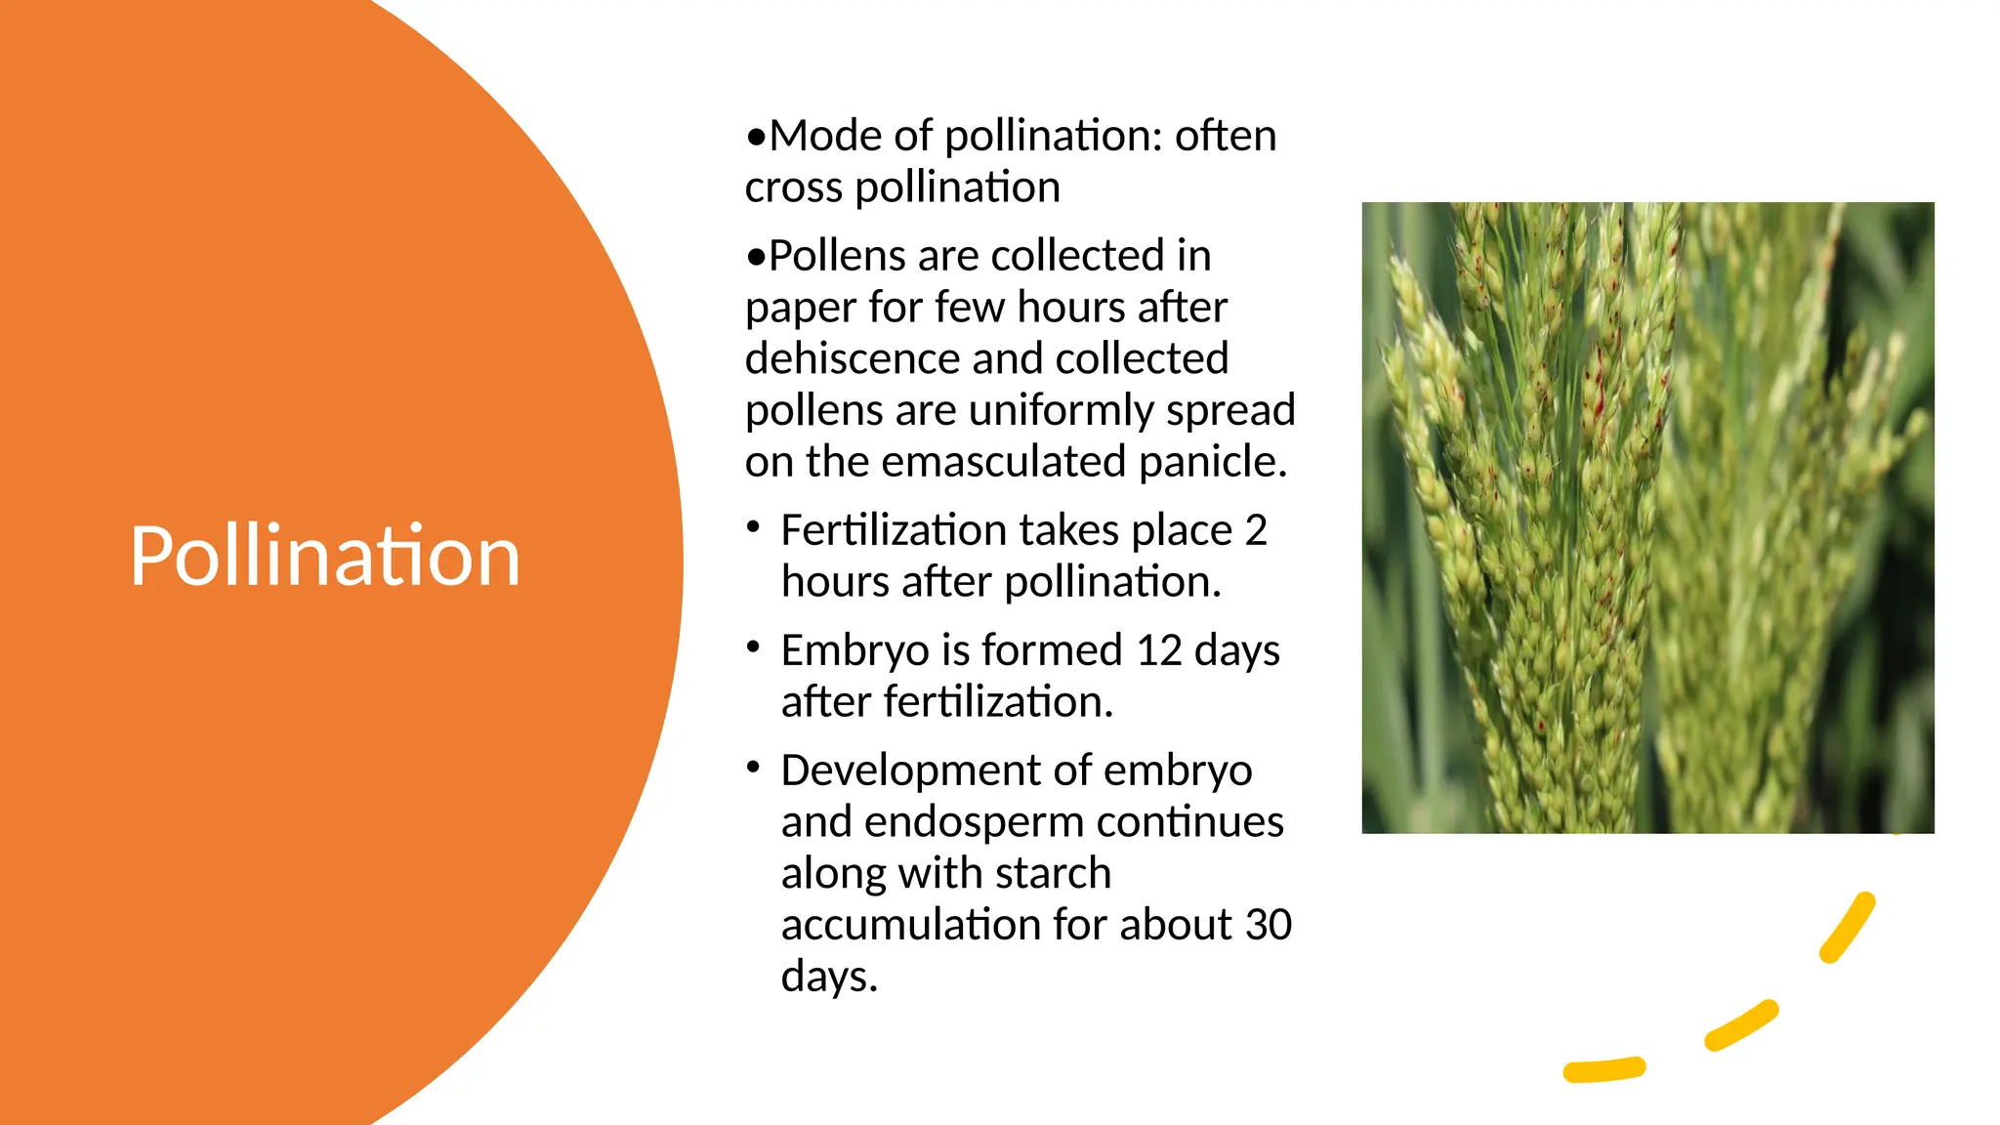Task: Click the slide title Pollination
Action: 324,556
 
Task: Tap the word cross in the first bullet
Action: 793,187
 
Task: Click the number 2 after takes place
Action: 1256,530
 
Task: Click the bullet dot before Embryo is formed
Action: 753,647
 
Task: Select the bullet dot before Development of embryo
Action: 753,768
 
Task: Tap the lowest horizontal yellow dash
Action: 1604,1070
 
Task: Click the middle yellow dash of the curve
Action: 1741,1025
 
